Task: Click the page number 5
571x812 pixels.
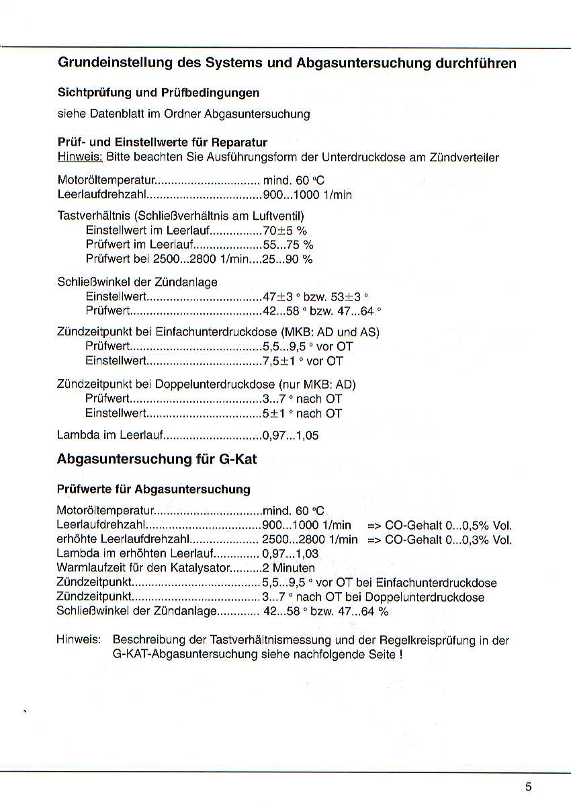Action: click(x=529, y=787)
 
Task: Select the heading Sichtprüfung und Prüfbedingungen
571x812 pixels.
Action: click(x=159, y=92)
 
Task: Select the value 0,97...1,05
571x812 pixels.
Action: click(x=290, y=436)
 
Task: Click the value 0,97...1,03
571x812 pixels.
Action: click(x=290, y=554)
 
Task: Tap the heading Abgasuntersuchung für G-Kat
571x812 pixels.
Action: click(x=157, y=459)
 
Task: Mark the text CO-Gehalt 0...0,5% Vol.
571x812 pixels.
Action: click(x=449, y=525)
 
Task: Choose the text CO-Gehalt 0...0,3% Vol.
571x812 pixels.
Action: click(x=449, y=540)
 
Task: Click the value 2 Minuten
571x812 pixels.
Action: click(x=288, y=568)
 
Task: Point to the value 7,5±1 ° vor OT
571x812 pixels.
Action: click(x=303, y=361)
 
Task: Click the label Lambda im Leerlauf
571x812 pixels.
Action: click(x=111, y=436)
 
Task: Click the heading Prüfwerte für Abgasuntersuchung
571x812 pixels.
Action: click(x=154, y=489)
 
